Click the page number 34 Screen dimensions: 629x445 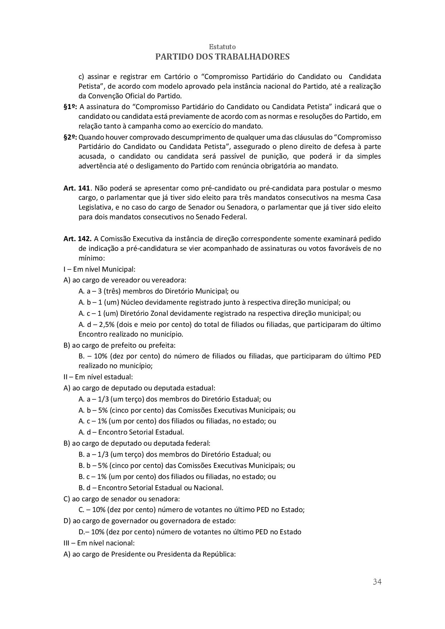(x=377, y=582)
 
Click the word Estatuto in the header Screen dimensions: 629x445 (x=222, y=47)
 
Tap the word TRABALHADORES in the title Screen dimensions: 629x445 (x=254, y=57)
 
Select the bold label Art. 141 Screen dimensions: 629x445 (x=76, y=188)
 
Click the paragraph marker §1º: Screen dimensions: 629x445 (x=70, y=107)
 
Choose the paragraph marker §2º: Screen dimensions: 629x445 (x=70, y=137)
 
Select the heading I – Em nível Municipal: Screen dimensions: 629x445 (x=99, y=269)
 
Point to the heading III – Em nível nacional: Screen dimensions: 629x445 (x=99, y=543)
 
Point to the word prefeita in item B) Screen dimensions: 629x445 (x=163, y=346)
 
